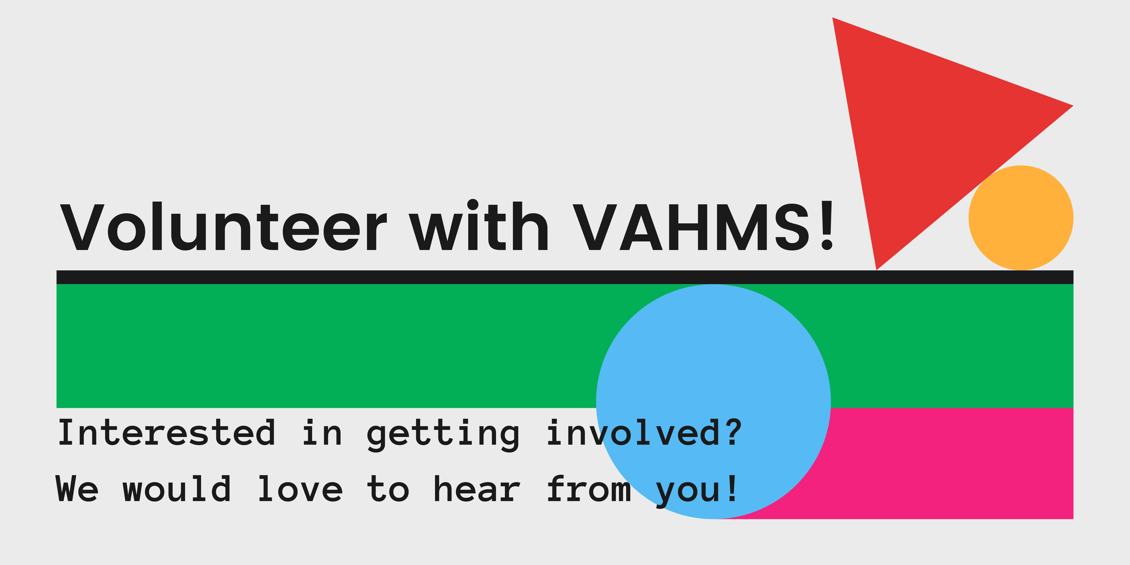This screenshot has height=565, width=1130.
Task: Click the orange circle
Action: [x=1021, y=218]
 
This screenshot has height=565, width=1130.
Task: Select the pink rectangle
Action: [x=952, y=463]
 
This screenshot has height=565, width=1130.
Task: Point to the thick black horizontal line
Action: [x=565, y=277]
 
